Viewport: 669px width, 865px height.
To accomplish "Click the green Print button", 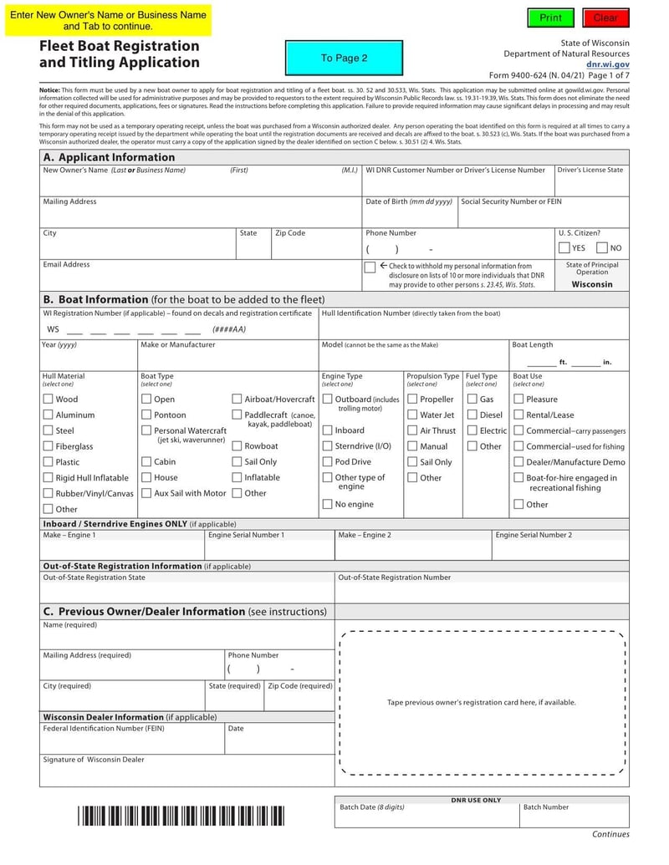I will pyautogui.click(x=551, y=18).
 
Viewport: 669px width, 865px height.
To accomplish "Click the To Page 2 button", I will pyautogui.click(x=344, y=59).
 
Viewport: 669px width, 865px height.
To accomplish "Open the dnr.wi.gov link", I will pyautogui.click(x=607, y=64).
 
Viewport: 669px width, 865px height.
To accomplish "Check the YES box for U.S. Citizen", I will pyautogui.click(x=565, y=248).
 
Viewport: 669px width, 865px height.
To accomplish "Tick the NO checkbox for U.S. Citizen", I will pyautogui.click(x=602, y=248).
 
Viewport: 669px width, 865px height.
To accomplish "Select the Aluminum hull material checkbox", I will pyautogui.click(x=48, y=415).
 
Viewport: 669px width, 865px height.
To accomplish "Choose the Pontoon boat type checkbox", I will pyautogui.click(x=146, y=415).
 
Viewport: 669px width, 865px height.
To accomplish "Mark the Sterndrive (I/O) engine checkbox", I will pyautogui.click(x=328, y=446).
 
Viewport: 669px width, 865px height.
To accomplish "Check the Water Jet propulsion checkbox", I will pyautogui.click(x=412, y=415).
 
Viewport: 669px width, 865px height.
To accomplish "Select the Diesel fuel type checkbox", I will pyautogui.click(x=472, y=415).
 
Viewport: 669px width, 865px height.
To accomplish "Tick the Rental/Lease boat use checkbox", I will pyautogui.click(x=518, y=415).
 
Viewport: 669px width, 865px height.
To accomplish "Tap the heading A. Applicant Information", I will pyautogui.click(x=109, y=157).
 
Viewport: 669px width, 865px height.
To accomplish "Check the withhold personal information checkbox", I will pyautogui.click(x=370, y=267).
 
